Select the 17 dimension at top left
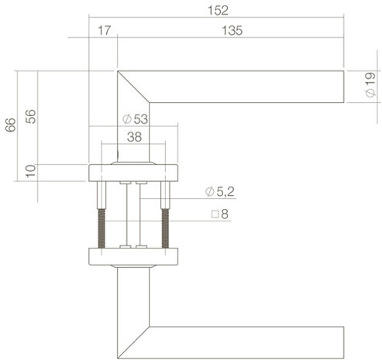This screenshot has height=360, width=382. (104, 30)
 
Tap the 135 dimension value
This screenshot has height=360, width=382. (231, 30)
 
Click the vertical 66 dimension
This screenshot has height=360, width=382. (10, 125)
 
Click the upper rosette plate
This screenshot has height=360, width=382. (134, 172)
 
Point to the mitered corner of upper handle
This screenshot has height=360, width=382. (132, 86)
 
